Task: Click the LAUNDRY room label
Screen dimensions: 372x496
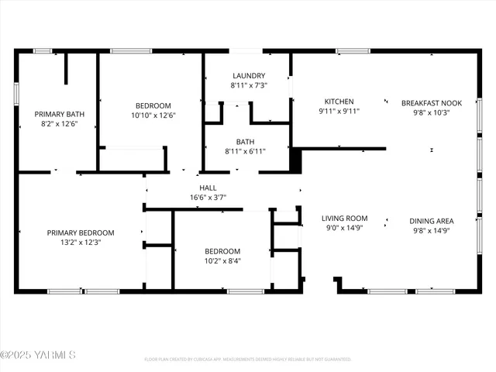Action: click(x=248, y=76)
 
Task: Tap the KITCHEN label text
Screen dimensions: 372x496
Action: click(x=339, y=102)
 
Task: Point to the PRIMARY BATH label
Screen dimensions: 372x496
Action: click(x=59, y=114)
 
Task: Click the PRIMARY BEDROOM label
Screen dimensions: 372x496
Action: click(x=81, y=232)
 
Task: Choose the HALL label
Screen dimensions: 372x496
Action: click(x=208, y=188)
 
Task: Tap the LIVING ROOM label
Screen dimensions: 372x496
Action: click(x=344, y=219)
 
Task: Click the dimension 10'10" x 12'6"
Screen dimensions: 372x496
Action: click(x=154, y=115)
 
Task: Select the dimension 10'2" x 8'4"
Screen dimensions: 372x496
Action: click(x=222, y=261)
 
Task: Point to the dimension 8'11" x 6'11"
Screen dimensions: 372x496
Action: click(x=245, y=151)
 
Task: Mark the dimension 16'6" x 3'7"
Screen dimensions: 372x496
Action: click(x=208, y=198)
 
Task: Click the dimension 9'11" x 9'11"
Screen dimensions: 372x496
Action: click(x=339, y=112)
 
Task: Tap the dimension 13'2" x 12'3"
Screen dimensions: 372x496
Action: click(x=81, y=243)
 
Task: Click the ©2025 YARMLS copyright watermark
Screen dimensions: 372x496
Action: click(x=38, y=356)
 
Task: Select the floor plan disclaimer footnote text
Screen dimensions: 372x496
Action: click(x=248, y=360)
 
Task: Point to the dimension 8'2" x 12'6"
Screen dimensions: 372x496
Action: click(x=59, y=124)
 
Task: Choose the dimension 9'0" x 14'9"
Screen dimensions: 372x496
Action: click(x=344, y=229)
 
